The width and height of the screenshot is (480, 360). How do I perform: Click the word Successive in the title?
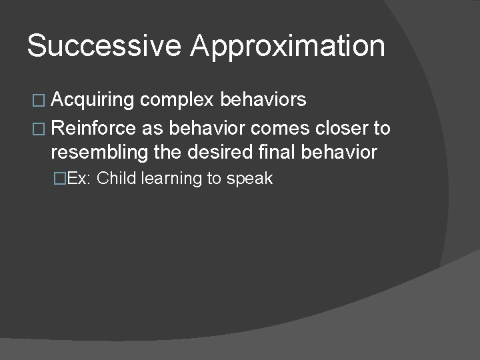104,47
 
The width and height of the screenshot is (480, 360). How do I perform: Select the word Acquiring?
93,101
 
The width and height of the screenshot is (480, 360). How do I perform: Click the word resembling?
97,153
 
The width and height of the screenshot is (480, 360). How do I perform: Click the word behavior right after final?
339,152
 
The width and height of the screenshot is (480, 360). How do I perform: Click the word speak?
250,179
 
